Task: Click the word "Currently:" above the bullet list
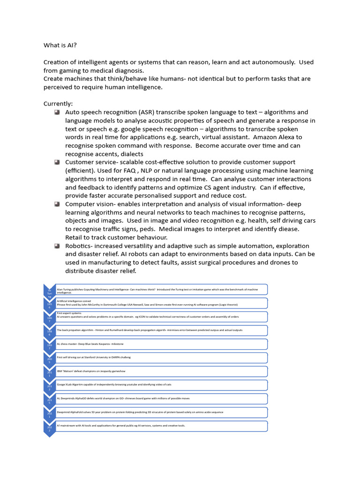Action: (x=59, y=104)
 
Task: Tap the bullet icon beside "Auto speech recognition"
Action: (x=57, y=112)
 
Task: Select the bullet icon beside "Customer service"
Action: (x=57, y=162)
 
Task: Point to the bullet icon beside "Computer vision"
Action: (x=57, y=204)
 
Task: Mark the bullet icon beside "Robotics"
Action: (x=57, y=246)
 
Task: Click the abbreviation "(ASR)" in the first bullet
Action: (x=151, y=112)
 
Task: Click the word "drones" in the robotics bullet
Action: (x=261, y=262)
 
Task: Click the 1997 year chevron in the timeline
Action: (x=49, y=346)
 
